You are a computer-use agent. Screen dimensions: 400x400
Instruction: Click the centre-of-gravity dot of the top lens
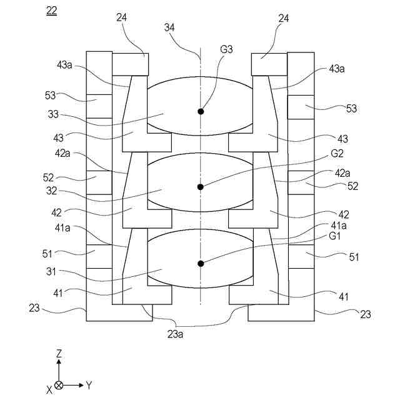201,111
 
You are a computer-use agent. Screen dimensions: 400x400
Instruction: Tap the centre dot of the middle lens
201,186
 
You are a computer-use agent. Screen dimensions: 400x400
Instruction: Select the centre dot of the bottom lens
201,263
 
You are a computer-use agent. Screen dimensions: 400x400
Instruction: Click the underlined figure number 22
51,11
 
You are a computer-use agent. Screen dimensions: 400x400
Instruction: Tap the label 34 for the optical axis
169,27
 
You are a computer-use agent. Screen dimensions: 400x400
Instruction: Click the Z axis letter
59,354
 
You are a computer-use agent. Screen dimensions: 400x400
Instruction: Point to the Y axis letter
89,385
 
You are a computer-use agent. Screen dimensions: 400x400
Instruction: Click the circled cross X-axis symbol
59,385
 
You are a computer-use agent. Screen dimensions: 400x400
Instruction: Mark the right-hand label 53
351,108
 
